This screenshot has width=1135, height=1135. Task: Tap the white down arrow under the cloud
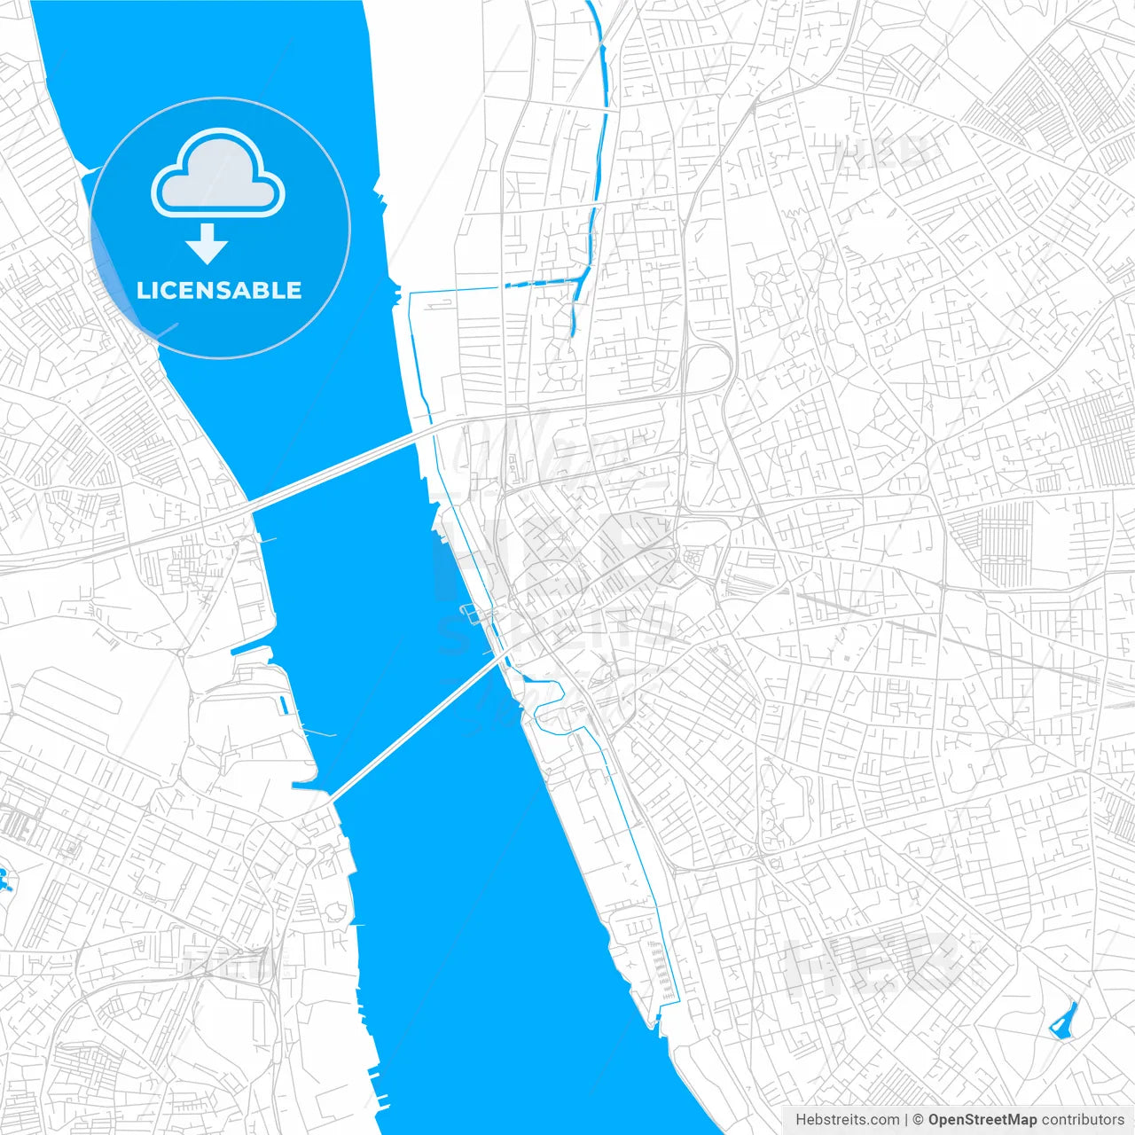point(207,244)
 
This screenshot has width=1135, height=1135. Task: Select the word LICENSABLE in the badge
point(219,290)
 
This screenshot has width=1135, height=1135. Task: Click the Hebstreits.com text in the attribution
point(847,1120)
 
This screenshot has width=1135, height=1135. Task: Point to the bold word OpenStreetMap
point(982,1120)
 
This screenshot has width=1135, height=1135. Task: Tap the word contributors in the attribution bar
point(1082,1120)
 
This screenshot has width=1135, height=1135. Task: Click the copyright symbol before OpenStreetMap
point(918,1120)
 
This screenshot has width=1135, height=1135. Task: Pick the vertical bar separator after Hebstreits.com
point(905,1120)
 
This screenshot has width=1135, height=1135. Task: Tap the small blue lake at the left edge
point(4,881)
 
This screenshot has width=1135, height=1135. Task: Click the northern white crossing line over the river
point(337,469)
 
